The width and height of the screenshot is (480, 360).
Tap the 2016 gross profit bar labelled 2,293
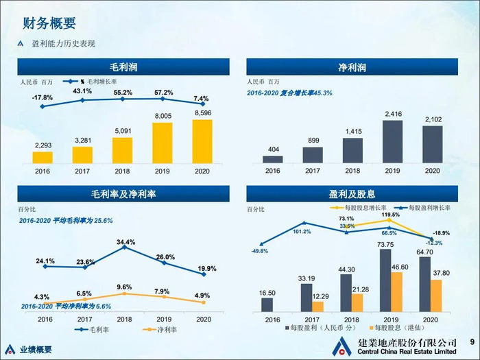coord(43,157)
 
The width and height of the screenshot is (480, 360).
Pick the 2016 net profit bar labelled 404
coord(272,159)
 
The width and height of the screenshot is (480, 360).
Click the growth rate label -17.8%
coord(43,97)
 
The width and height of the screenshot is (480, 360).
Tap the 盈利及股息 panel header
coord(352,194)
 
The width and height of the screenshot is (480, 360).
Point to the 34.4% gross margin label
coord(125,242)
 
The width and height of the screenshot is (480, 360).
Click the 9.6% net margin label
coord(124,287)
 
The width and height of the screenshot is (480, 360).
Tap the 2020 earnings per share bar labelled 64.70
coord(424,283)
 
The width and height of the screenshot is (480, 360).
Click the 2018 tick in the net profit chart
coord(352,171)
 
